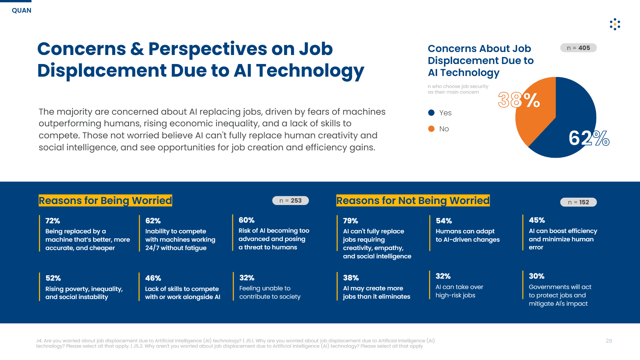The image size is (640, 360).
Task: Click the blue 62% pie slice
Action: point(570,123)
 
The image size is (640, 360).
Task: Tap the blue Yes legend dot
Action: point(431,113)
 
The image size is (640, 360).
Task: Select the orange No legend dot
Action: point(431,129)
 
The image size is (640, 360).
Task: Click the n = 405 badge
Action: point(578,48)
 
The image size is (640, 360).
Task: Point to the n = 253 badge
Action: point(290,201)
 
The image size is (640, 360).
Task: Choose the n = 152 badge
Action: point(578,202)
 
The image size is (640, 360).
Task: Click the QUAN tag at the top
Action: point(22,10)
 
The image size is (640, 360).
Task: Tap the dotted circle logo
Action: point(615,24)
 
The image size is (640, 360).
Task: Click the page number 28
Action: point(609,341)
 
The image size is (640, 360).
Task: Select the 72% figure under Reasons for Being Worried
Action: point(53,221)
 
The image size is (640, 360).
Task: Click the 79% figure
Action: point(350,221)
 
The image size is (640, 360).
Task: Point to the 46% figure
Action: point(153,278)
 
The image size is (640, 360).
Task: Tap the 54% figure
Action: point(444,221)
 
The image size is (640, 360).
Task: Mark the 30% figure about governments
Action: point(536,276)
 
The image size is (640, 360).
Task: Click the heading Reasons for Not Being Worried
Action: point(413,200)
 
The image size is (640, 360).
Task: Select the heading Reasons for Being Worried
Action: point(105,200)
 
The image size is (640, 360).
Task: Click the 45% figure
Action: point(537,220)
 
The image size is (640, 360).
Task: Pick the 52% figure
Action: point(53,278)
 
